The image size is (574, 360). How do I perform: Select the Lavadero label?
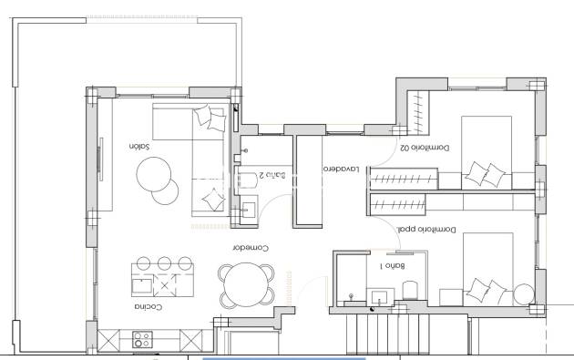339,170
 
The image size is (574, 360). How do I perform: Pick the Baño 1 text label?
393,267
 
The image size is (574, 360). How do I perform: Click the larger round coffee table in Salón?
155,173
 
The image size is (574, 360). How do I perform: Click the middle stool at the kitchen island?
166,262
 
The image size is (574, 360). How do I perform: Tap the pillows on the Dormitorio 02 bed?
487,172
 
